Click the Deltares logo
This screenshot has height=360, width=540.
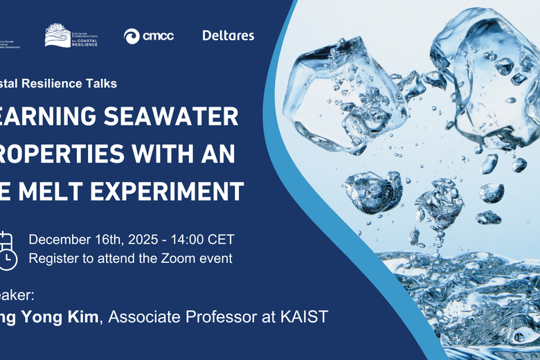tap(228, 35)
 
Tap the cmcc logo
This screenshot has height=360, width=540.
tap(148, 36)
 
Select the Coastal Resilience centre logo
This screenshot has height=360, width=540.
tap(71, 35)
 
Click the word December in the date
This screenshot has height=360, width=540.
tap(60, 240)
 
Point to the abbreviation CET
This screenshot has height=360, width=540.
tap(222, 240)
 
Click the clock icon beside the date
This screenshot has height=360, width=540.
tap(8, 258)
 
